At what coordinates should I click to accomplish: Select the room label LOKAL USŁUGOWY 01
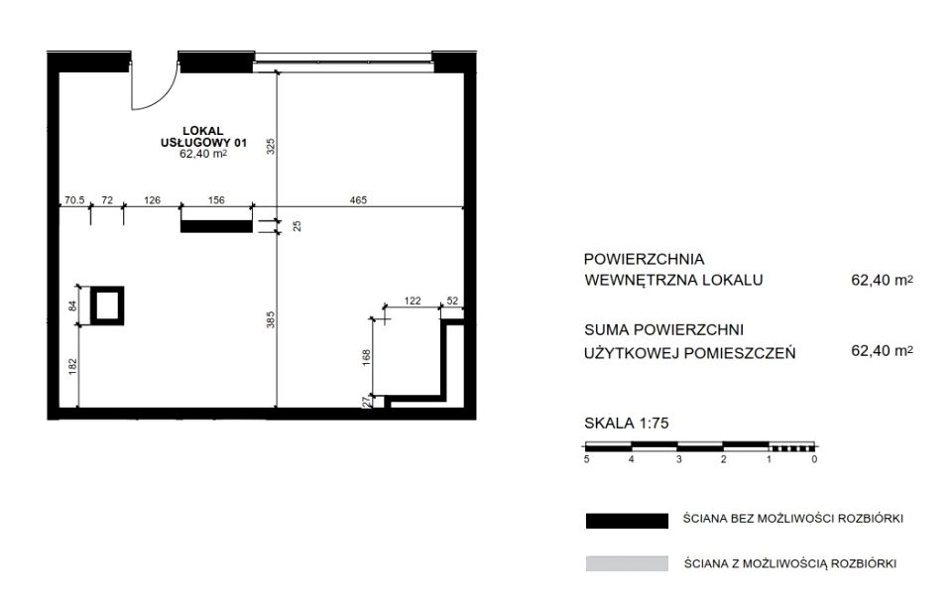click(x=203, y=137)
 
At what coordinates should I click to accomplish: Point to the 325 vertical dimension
click(x=271, y=146)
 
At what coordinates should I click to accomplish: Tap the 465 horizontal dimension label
click(x=358, y=200)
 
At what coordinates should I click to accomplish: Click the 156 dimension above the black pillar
click(x=216, y=200)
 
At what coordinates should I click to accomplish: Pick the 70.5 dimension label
click(x=74, y=200)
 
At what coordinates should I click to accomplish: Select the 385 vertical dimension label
click(x=271, y=319)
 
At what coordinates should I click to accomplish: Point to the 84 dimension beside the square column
click(x=72, y=306)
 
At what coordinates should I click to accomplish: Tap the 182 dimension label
click(x=72, y=366)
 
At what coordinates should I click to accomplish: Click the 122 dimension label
click(x=413, y=301)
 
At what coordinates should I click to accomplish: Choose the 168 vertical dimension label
click(x=366, y=357)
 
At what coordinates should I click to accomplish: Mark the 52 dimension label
click(x=452, y=301)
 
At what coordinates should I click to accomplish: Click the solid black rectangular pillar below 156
click(x=216, y=226)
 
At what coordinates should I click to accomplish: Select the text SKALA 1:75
click(x=626, y=423)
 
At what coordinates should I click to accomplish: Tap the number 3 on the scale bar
click(x=678, y=459)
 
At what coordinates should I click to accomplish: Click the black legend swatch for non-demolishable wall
click(x=627, y=522)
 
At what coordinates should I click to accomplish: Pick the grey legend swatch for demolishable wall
click(x=627, y=563)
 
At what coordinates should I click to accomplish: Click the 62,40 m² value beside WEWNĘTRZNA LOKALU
click(x=883, y=280)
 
